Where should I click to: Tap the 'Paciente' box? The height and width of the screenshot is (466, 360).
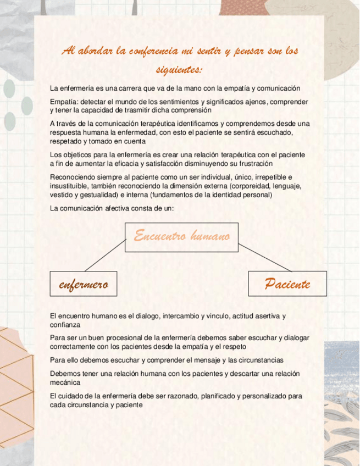tap(287, 284)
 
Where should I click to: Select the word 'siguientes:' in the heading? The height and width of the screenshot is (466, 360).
tap(179, 70)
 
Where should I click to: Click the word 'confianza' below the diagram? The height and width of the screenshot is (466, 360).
tap(65, 325)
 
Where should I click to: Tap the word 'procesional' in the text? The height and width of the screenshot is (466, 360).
tap(124, 337)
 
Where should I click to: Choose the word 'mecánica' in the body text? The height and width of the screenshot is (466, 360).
tap(65, 382)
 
